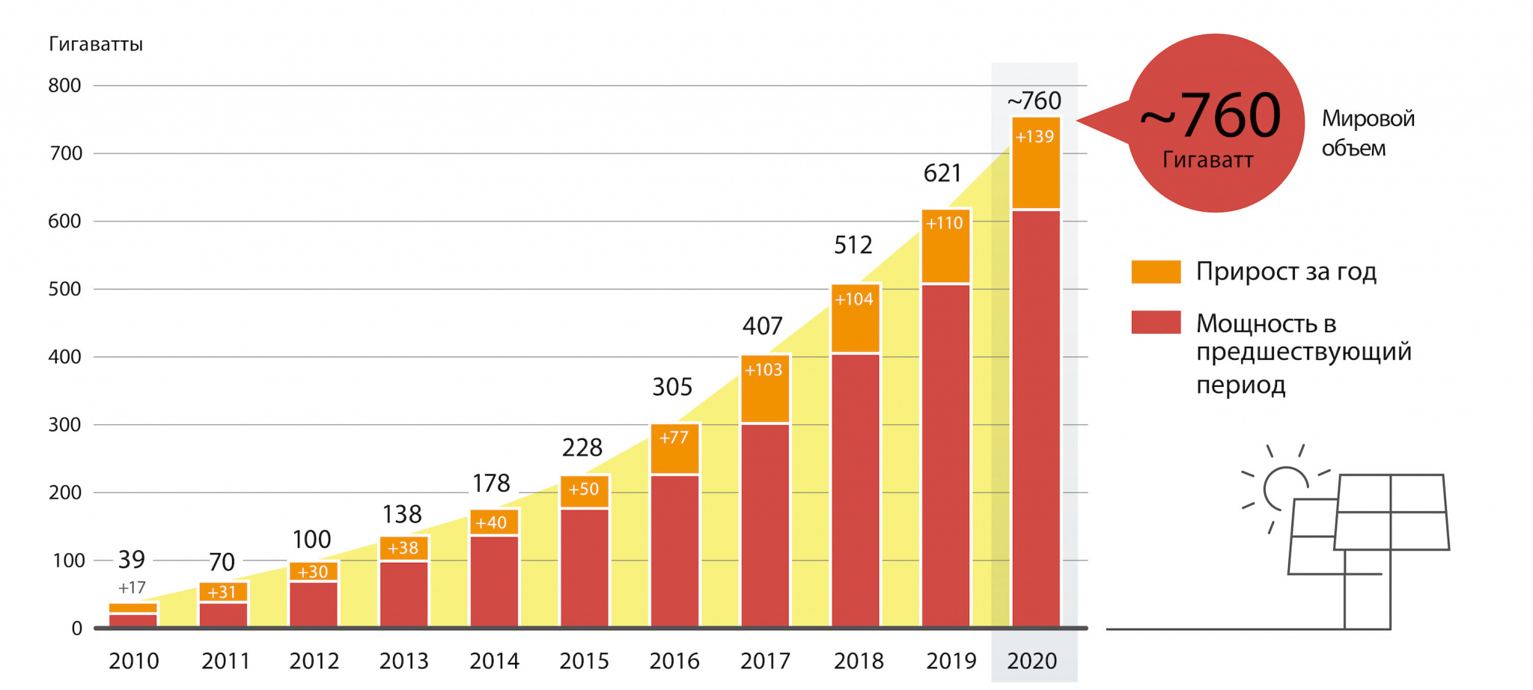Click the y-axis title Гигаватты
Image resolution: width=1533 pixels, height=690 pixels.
pos(96,44)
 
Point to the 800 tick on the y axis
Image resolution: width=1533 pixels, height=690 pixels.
pos(64,85)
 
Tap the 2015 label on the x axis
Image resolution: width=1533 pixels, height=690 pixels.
pos(584,661)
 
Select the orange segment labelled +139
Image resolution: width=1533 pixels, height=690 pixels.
pos(1036,163)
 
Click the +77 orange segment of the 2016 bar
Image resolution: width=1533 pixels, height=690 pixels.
pos(674,449)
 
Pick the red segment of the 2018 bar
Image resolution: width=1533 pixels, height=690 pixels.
pos(855,489)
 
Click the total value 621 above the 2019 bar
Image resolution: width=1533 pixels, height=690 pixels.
pos(942,174)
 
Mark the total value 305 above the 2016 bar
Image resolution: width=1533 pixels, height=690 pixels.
pos(672,387)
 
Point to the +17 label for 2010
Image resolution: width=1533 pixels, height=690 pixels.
pos(132,587)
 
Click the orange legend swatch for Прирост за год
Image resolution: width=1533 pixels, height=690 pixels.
pos(1156,272)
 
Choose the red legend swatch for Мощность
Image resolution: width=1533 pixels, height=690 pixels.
pos(1156,323)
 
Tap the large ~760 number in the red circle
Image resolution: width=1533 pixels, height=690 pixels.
pos(1211,116)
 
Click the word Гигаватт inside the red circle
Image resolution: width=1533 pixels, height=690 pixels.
pos(1207,160)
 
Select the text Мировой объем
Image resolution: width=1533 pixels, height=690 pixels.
pos(1367,133)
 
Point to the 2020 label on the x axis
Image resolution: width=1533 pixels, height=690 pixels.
pos(1031,661)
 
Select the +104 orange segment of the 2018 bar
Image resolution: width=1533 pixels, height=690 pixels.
pos(855,318)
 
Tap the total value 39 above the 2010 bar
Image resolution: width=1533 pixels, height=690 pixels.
pos(132,559)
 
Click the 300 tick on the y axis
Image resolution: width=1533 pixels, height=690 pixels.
pos(64,425)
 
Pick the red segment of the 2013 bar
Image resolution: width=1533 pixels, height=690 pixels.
pos(403,593)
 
